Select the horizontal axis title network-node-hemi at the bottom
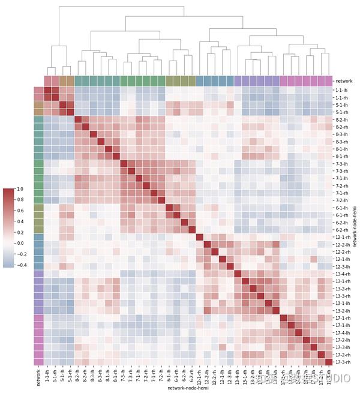tap(186, 389)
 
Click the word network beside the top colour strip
tap(344, 80)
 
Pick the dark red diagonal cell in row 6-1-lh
tap(170, 208)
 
